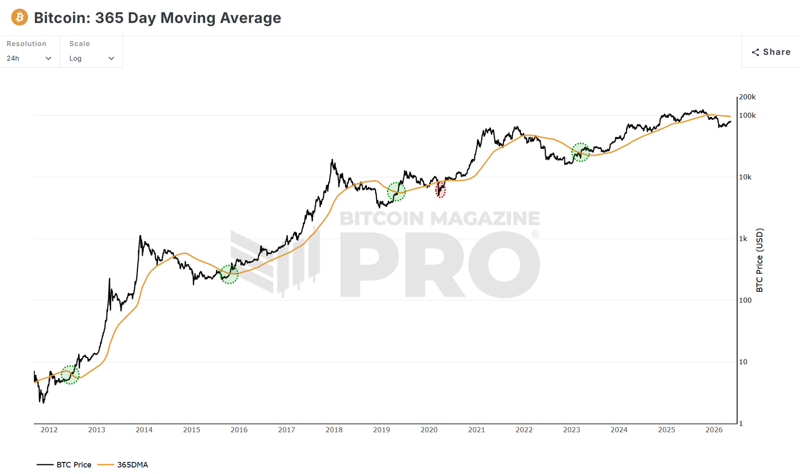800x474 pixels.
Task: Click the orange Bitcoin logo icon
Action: pos(19,17)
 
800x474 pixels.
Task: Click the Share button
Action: pos(771,52)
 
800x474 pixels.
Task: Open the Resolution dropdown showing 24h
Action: pos(29,58)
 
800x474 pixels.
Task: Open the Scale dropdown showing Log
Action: pos(92,58)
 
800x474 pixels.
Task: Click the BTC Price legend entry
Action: pos(64,465)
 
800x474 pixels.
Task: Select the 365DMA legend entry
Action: pos(123,465)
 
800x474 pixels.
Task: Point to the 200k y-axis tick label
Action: pos(747,97)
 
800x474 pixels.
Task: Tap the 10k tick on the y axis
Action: pos(745,177)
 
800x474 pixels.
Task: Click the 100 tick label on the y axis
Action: pos(745,300)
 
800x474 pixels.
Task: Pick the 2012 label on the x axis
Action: pos(49,430)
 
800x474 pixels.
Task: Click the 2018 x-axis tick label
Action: pos(334,430)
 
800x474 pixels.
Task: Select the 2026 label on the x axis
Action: pos(714,430)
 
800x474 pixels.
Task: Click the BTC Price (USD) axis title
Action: pos(760,260)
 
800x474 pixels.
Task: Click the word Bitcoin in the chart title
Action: pos(62,18)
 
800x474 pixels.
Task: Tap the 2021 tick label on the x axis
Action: pos(476,430)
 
